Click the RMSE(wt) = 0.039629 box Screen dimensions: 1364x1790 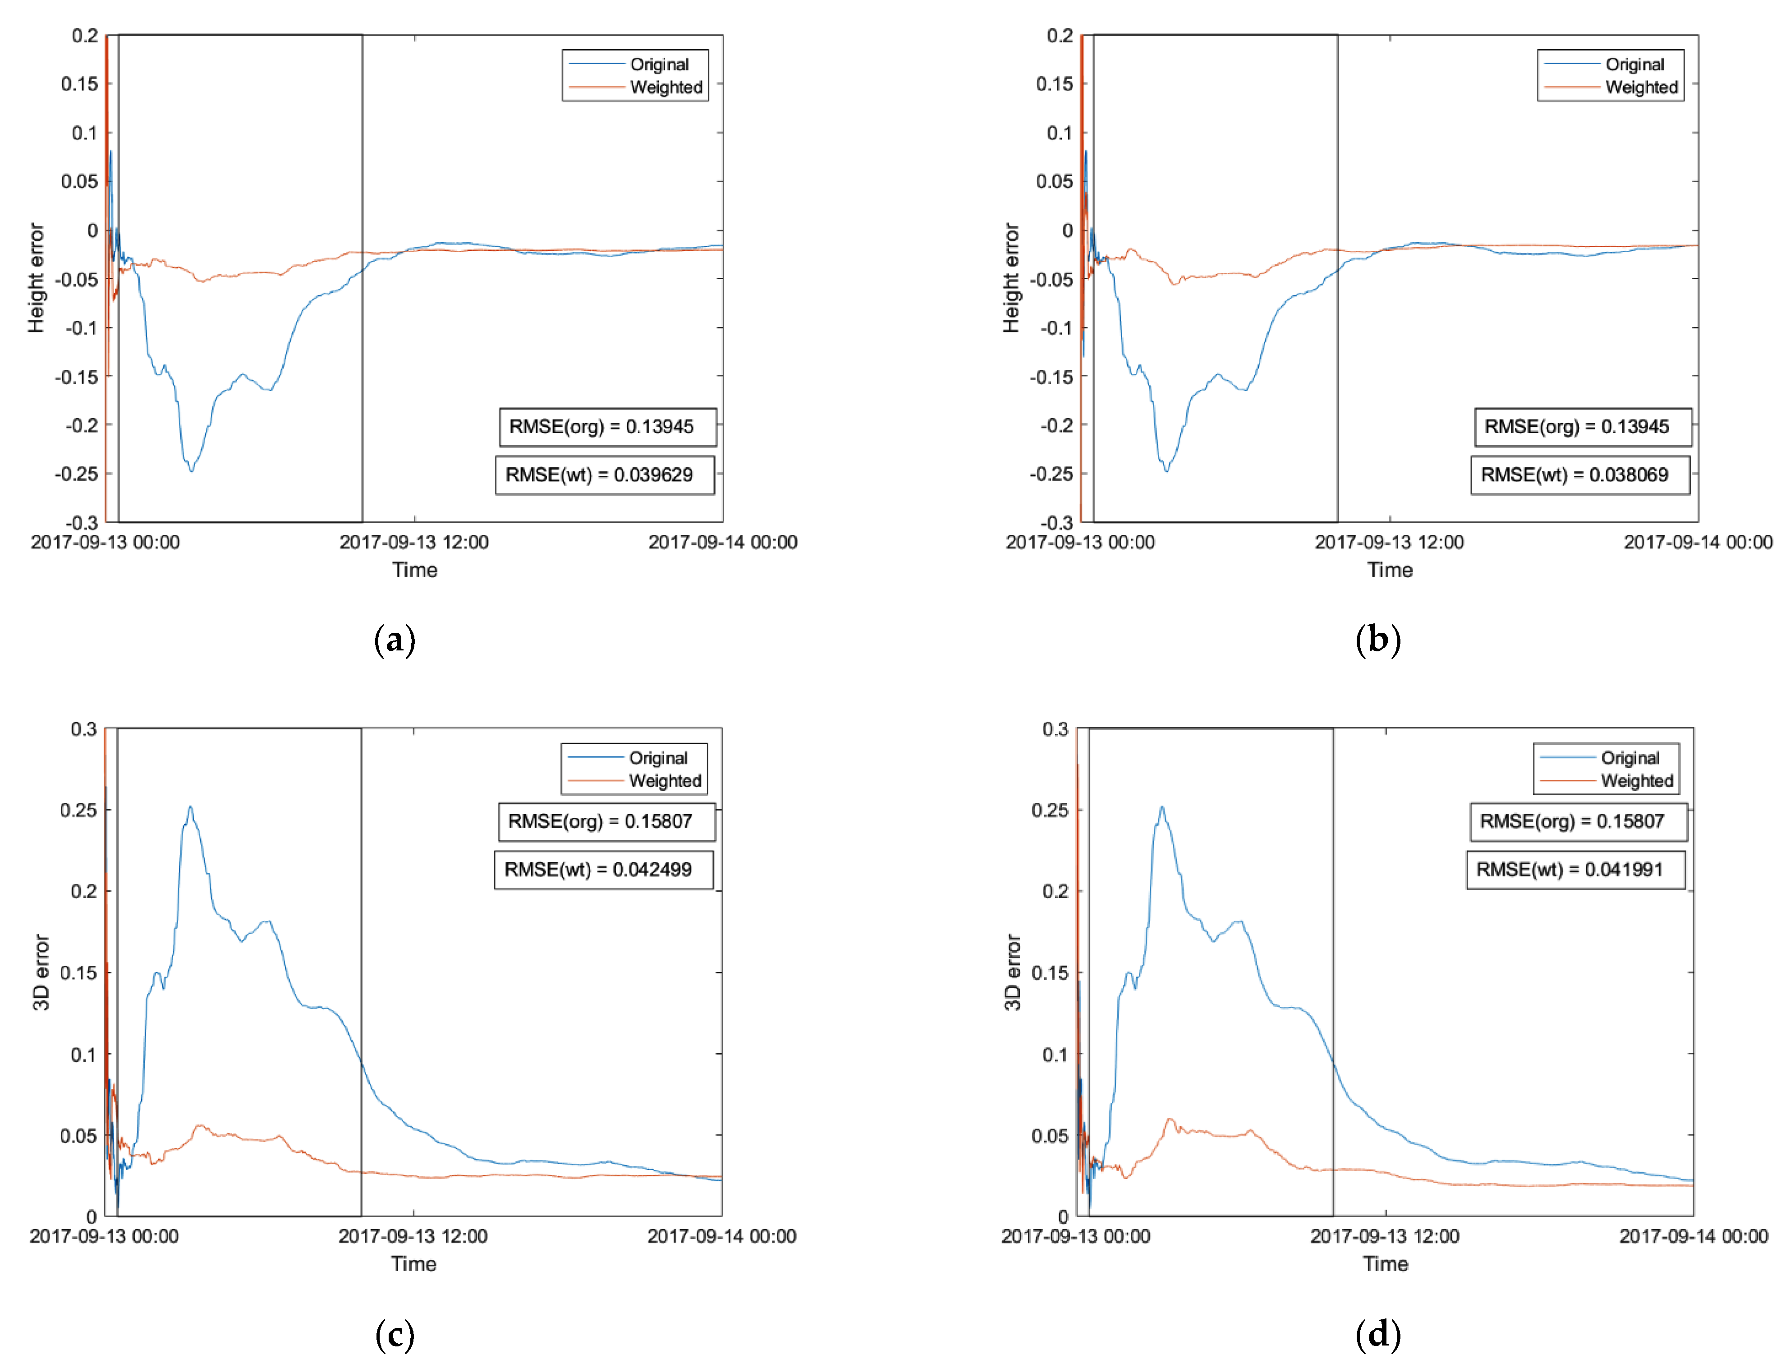coord(605,475)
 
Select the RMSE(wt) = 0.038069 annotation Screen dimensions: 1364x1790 coord(1580,475)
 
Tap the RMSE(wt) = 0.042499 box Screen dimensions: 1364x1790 coord(604,870)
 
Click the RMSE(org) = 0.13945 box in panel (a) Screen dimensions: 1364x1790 coord(608,427)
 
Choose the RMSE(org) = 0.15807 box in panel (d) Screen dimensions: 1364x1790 coord(1578,822)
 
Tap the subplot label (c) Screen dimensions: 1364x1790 coord(395,1334)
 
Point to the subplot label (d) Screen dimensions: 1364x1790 coord(1378,1334)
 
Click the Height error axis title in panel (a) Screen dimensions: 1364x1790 coord(36,278)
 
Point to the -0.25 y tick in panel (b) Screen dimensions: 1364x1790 coord(1051,474)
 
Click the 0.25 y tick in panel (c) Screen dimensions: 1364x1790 coord(79,810)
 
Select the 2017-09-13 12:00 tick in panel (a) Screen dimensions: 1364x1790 coord(414,542)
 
